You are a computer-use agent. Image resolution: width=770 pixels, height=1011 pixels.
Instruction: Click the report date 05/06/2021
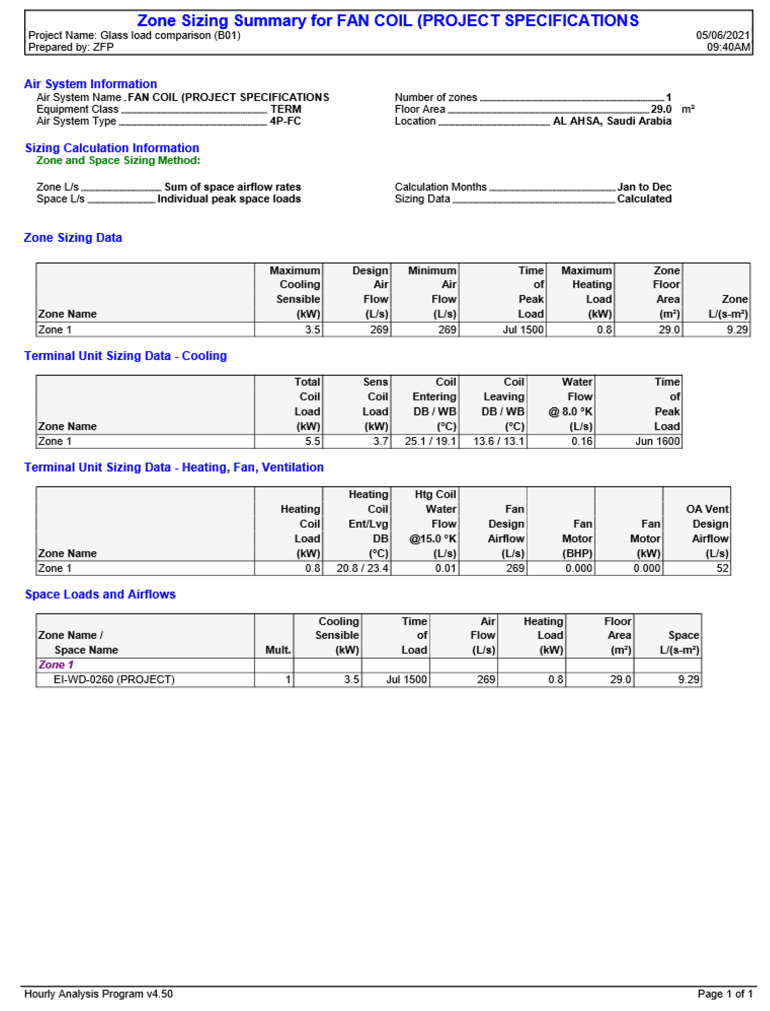722,35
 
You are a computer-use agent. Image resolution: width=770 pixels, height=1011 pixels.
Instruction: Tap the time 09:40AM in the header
728,47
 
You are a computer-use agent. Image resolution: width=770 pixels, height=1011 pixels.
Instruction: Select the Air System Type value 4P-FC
285,121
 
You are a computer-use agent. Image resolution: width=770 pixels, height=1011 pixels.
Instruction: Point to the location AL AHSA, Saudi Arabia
612,121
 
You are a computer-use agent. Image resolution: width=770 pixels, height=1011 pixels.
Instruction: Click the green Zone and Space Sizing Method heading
118,160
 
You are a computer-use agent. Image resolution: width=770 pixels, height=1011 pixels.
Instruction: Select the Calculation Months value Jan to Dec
644,187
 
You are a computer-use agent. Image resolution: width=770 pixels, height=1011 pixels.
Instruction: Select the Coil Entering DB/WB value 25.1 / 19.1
430,441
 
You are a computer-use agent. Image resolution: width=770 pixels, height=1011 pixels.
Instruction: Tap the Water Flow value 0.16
582,441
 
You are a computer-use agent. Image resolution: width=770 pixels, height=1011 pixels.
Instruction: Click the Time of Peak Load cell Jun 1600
657,441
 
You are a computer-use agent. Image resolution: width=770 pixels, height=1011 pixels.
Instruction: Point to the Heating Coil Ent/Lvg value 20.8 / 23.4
362,568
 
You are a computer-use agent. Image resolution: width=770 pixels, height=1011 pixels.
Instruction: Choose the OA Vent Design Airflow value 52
722,568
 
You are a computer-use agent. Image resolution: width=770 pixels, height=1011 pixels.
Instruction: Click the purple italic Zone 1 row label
56,665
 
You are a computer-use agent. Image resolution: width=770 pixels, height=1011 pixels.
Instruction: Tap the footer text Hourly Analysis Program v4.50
98,994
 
